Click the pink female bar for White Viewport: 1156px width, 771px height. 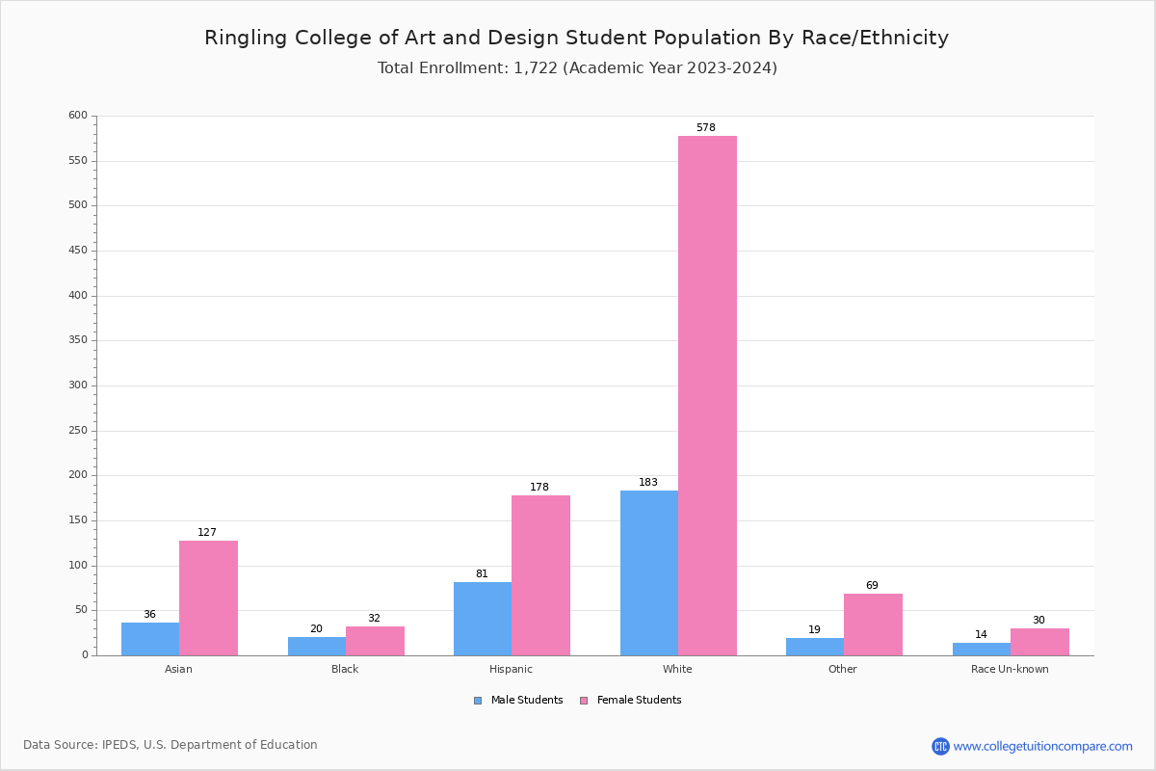click(707, 395)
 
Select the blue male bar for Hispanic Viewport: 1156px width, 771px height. click(483, 619)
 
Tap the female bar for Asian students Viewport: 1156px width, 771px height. click(208, 598)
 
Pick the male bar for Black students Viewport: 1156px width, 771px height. click(317, 647)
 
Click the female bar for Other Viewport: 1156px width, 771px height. click(873, 625)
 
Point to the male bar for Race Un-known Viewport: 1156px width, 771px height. click(982, 650)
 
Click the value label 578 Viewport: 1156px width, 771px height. click(706, 128)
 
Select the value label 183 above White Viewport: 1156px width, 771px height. click(648, 483)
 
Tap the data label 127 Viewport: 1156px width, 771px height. click(207, 533)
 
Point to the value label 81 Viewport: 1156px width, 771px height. click(482, 574)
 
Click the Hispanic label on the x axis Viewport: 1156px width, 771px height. click(511, 669)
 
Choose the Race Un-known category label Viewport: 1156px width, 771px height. click(1010, 669)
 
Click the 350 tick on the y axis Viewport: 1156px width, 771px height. click(78, 340)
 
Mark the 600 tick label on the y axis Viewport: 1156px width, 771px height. click(78, 116)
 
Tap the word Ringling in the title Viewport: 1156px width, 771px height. click(243, 39)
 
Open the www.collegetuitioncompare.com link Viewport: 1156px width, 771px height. click(1042, 746)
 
